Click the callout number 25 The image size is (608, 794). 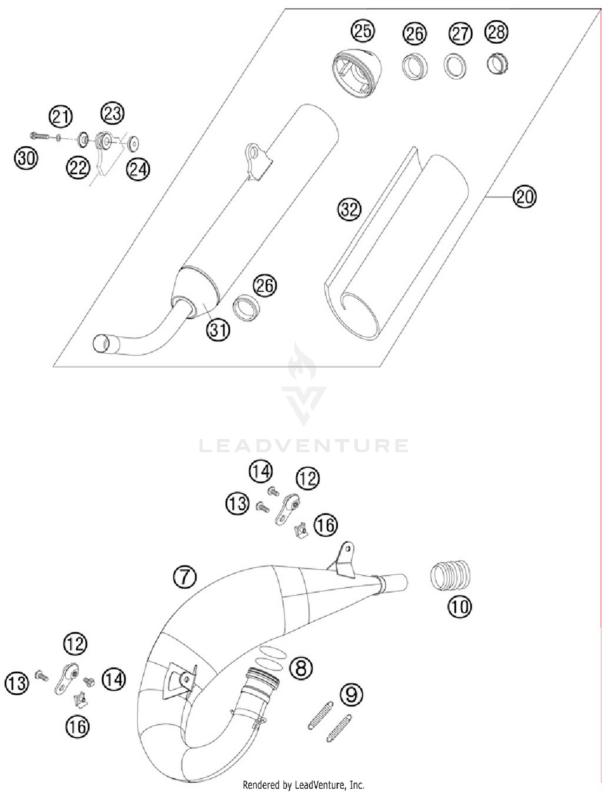coord(363,31)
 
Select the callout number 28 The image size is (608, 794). coord(497,32)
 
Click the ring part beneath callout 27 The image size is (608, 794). coord(455,66)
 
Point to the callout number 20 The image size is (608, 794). coord(525,197)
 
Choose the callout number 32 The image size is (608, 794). coord(349,210)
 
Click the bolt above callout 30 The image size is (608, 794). coord(39,136)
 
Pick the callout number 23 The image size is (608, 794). coord(112,113)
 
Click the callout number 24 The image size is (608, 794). coord(138,169)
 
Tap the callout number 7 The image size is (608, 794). coord(184,577)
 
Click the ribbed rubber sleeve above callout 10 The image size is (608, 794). coord(450,576)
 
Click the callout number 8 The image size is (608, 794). coord(301,668)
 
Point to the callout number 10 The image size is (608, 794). coord(460,606)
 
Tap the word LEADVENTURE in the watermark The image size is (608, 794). coord(304,445)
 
